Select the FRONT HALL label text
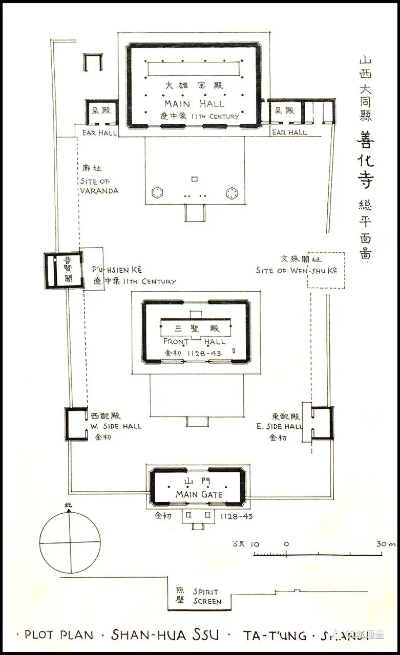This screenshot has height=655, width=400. tap(194, 341)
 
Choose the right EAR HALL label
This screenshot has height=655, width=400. tap(289, 133)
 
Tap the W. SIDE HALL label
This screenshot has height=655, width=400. tap(116, 426)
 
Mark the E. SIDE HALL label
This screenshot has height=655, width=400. tap(280, 426)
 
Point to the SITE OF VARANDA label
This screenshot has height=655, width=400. tap(99, 186)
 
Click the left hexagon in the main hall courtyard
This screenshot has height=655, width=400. tap(158, 192)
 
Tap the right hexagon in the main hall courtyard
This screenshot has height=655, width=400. tap(232, 192)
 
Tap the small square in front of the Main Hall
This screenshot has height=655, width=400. tap(194, 179)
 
